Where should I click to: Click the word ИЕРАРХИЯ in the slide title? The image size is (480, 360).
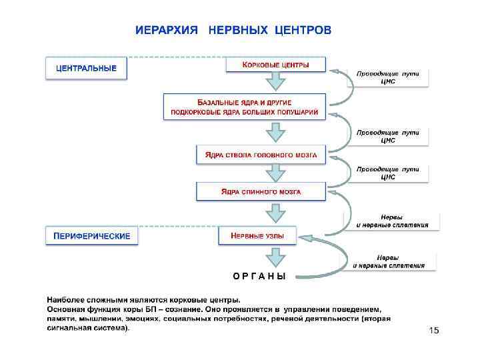click(166, 31)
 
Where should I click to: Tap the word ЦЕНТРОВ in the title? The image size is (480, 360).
click(300, 31)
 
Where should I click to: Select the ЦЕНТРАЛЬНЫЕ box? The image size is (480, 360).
click(86, 69)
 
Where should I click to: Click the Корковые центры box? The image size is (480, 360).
click(276, 65)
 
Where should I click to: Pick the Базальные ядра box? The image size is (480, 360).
click(245, 107)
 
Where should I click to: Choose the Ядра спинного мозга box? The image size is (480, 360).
click(261, 192)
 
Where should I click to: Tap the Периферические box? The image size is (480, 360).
click(92, 236)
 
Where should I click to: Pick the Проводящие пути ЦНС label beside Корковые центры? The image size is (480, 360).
click(387, 77)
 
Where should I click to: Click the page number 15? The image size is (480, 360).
click(435, 331)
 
